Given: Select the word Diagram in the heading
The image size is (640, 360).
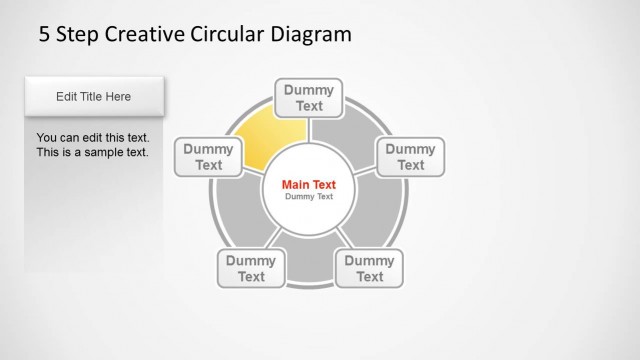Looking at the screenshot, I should (x=310, y=35).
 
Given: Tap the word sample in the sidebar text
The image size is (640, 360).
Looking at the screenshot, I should (x=106, y=153).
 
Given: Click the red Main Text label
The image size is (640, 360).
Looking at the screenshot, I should (x=309, y=184).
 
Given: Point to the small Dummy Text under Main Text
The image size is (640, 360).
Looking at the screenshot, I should (x=309, y=197).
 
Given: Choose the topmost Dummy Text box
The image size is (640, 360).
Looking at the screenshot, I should (x=309, y=98).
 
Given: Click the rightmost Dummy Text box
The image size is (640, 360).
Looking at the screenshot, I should (x=410, y=157).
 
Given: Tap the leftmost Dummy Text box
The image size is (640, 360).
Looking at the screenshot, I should (x=209, y=157).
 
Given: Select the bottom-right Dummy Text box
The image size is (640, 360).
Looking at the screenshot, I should (x=370, y=268).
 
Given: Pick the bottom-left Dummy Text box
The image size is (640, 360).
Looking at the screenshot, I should (x=251, y=268).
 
